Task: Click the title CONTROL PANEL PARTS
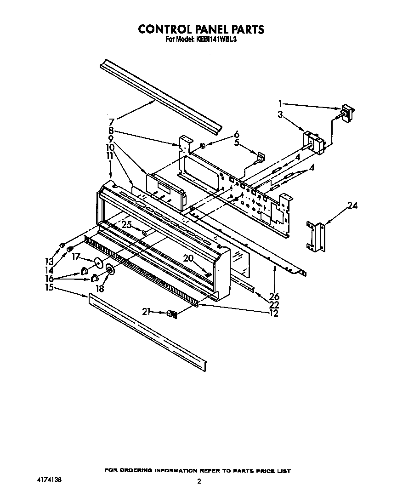coord(201,29)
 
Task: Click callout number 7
coord(111,122)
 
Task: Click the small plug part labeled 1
coord(345,112)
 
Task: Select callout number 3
coord(280,114)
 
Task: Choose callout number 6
coord(236,134)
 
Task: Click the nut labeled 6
coord(202,146)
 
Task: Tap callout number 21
coord(146,312)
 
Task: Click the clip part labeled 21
coord(172,314)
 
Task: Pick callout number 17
coord(76,257)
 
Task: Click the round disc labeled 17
coord(98,262)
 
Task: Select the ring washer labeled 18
coord(110,271)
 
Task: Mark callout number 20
coord(188,258)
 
